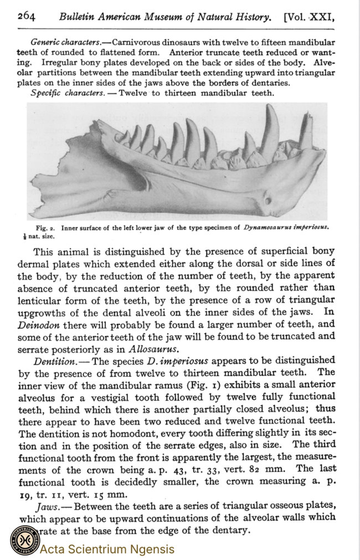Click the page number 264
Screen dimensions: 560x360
tap(26, 16)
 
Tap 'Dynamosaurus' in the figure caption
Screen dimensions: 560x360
tap(270, 227)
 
